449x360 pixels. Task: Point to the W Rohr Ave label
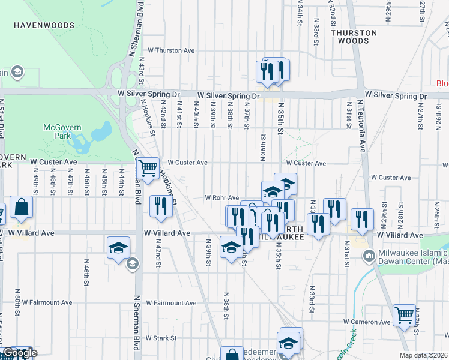221,197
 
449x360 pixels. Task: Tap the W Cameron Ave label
367,322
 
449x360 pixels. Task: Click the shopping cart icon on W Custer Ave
148,168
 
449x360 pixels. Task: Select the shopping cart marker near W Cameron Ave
403,314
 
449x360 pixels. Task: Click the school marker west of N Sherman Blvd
118,247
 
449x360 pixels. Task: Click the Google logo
19,353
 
